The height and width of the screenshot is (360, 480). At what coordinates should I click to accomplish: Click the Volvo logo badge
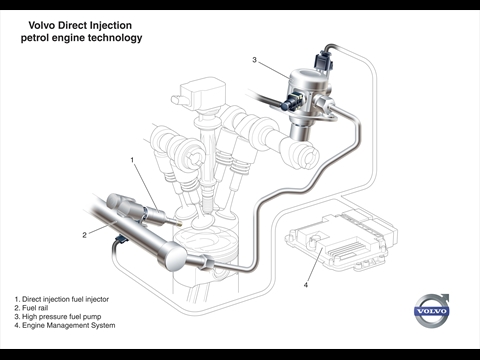432,311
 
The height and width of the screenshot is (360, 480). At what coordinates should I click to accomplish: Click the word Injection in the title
111,25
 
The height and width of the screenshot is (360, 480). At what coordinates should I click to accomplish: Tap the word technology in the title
115,38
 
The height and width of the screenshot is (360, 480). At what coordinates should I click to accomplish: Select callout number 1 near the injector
132,160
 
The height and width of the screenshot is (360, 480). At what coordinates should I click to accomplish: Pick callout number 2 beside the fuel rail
84,235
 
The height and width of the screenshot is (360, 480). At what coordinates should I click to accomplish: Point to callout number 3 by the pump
254,60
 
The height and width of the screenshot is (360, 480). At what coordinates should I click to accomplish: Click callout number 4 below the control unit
306,285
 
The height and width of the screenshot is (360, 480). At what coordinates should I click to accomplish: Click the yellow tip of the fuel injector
179,223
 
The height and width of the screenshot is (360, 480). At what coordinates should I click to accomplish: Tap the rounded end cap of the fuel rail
173,257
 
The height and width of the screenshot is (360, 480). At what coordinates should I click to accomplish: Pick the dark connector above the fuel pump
323,61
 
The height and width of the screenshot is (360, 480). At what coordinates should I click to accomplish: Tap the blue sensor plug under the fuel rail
120,239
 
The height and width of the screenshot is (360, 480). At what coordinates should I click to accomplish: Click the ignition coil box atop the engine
202,93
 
